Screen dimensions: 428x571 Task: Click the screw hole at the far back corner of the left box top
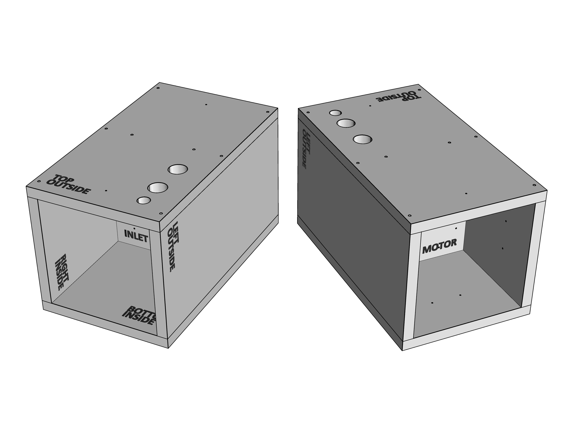pos(158,88)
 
